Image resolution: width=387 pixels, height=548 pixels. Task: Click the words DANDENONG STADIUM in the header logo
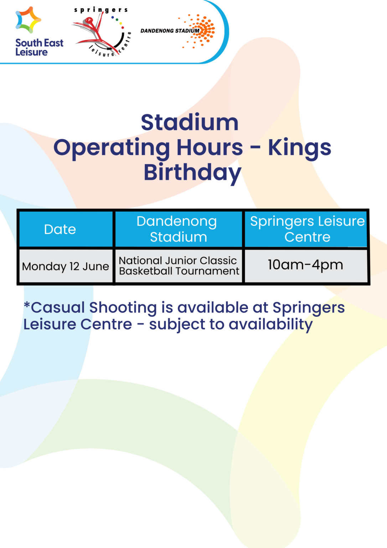pos(170,31)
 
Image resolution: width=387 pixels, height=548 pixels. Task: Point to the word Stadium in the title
pos(190,122)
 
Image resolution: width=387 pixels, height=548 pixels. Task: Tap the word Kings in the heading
pos(299,148)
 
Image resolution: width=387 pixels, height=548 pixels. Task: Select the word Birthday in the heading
pos(192,173)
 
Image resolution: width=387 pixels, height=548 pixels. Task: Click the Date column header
pos(60,229)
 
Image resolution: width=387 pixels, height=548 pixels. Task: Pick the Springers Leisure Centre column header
pos(307,229)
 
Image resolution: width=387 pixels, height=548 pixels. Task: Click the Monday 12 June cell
pos(66,267)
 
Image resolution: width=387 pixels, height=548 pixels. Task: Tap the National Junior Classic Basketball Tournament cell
pos(179,266)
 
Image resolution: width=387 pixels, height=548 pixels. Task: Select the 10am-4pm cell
pos(305,265)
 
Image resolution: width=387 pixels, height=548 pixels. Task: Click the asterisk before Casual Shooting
pos(27,305)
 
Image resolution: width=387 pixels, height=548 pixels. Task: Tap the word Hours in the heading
pos(210,148)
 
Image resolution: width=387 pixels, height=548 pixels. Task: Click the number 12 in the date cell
pos(74,267)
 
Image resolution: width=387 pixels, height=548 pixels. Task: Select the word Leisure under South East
pos(31,52)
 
